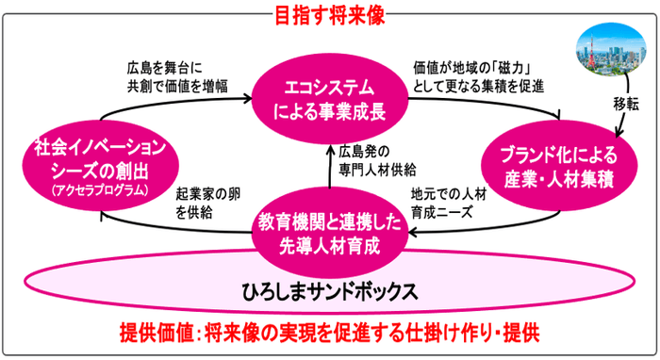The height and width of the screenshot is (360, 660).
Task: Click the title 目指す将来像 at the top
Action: pos(330,16)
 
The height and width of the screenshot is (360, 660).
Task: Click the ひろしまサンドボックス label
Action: pos(330,290)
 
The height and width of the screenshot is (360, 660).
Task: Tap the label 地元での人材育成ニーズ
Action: pos(451,205)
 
